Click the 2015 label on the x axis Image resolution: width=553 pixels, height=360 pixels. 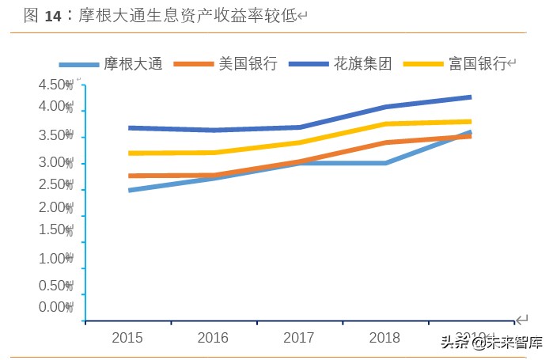[x=127, y=338]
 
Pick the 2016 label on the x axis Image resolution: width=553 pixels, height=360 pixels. [x=213, y=338]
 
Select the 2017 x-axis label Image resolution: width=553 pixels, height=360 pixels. [x=299, y=338]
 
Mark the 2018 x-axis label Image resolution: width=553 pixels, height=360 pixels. [x=384, y=338]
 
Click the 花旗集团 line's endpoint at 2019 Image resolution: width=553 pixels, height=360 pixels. [x=470, y=97]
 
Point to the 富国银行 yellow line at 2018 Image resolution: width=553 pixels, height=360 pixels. [x=385, y=124]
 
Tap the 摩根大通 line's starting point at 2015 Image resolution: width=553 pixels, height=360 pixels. [x=129, y=190]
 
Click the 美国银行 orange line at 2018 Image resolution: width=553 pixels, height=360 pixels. [x=385, y=142]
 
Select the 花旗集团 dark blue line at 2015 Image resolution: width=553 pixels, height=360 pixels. [x=129, y=127]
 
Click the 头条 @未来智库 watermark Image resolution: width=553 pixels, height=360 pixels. [x=491, y=343]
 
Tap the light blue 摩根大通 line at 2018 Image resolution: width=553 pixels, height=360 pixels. [x=385, y=163]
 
